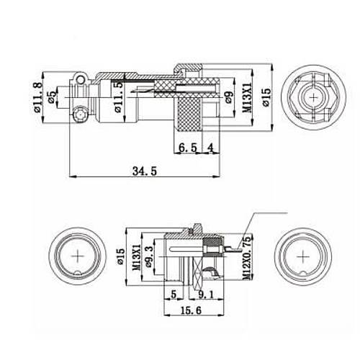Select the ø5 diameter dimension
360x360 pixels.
click(51, 100)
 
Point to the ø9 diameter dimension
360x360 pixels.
click(228, 102)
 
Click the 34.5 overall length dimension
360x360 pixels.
click(143, 170)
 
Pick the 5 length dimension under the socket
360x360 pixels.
click(174, 293)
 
